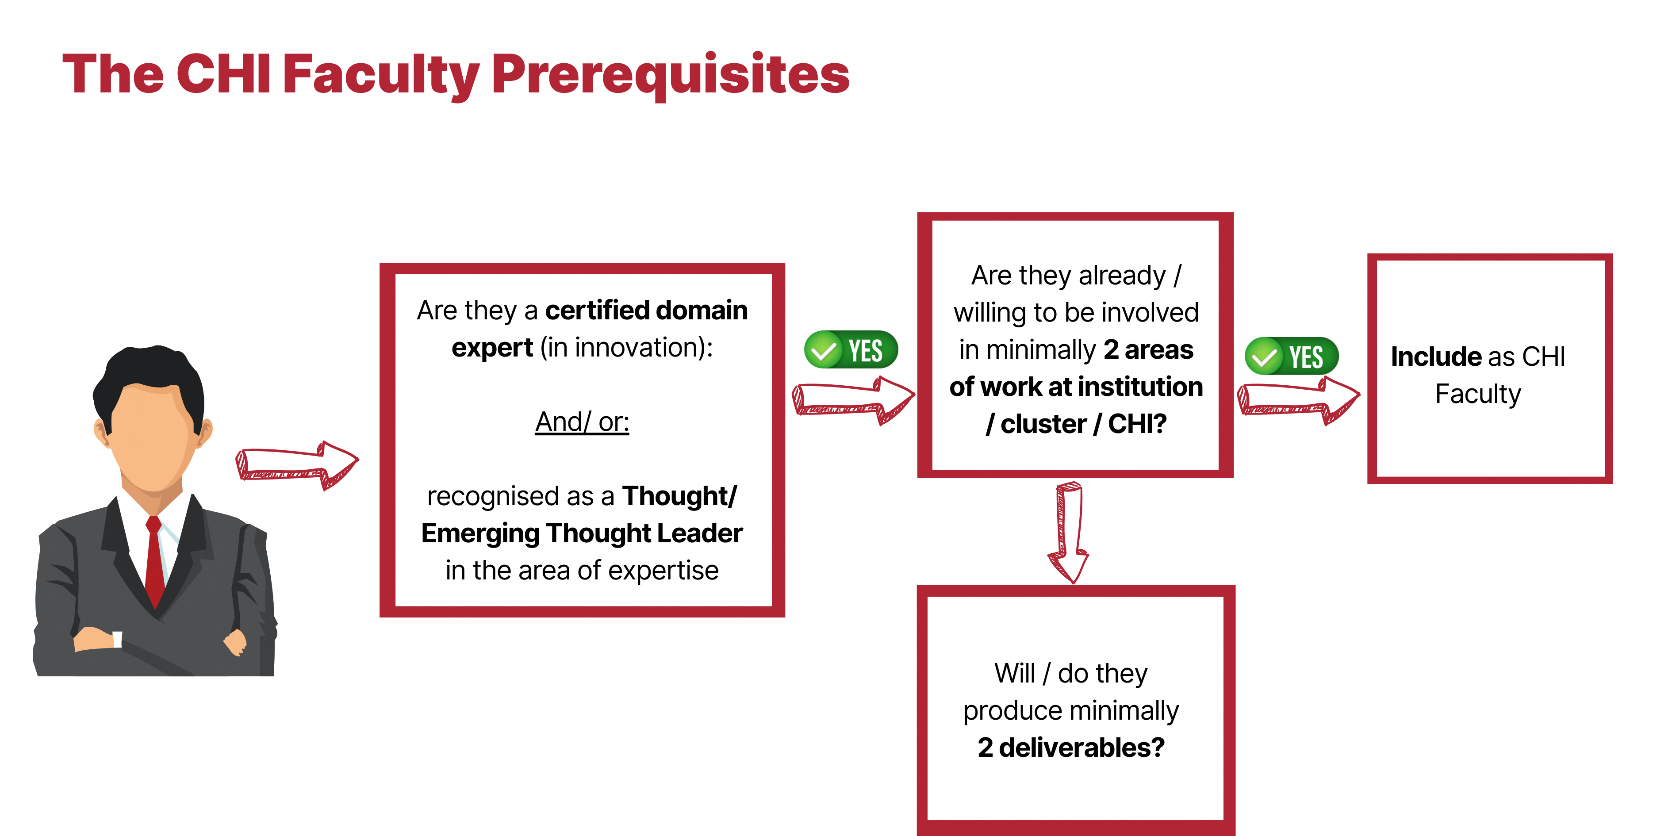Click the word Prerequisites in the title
click(x=671, y=75)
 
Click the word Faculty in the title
click(x=381, y=75)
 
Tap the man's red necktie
click(x=154, y=561)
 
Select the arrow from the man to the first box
click(x=297, y=465)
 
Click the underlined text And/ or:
click(x=582, y=422)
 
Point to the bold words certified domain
click(x=647, y=310)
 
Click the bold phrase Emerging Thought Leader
click(x=582, y=533)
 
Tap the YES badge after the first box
click(x=851, y=350)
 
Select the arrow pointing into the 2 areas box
click(x=853, y=400)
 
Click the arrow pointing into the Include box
click(x=1299, y=400)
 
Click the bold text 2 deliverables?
click(x=1071, y=748)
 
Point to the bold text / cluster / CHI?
click(x=1076, y=424)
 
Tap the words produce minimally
click(x=1071, y=711)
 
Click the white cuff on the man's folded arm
click(x=118, y=639)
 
